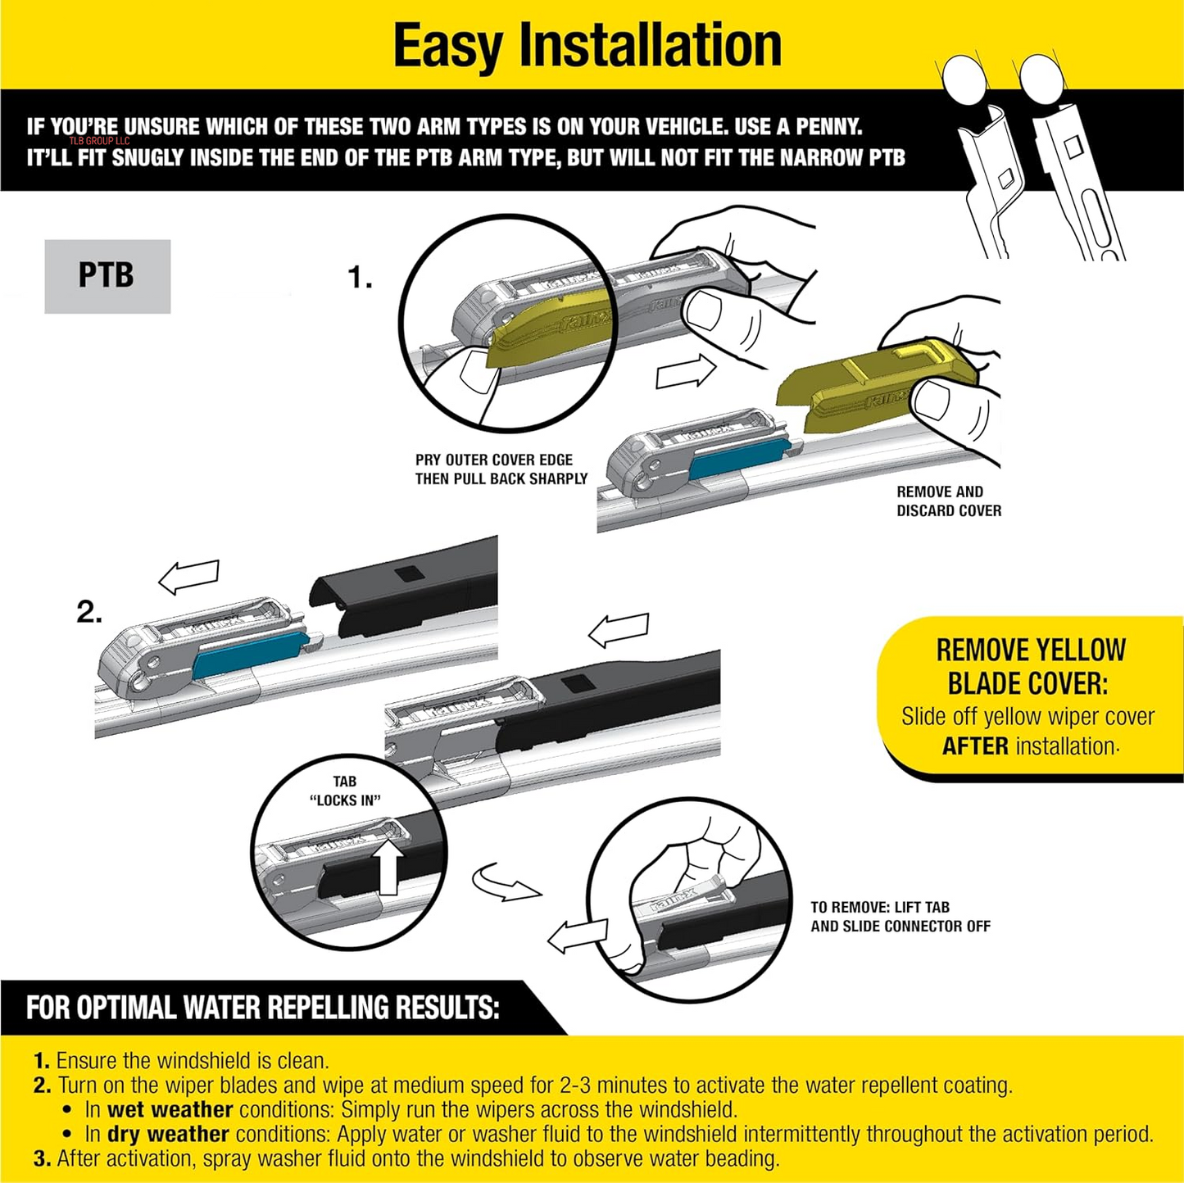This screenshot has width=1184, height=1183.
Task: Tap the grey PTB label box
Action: pyautogui.click(x=107, y=276)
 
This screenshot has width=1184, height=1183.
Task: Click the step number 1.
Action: pyautogui.click(x=360, y=278)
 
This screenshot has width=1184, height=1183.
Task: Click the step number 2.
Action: pyautogui.click(x=89, y=612)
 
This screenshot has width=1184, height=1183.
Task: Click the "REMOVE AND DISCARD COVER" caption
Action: pyautogui.click(x=948, y=501)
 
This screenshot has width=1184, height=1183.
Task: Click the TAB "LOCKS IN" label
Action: pyautogui.click(x=345, y=791)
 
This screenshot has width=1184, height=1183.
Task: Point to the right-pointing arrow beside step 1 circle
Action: pyautogui.click(x=686, y=373)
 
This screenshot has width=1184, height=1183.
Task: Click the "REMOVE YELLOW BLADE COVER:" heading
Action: pyautogui.click(x=1030, y=666)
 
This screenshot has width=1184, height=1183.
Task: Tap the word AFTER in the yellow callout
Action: pyautogui.click(x=975, y=746)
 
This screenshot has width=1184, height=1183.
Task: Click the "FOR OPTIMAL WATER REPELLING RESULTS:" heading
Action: pyautogui.click(x=262, y=1007)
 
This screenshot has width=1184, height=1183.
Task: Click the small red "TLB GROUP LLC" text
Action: pyautogui.click(x=99, y=141)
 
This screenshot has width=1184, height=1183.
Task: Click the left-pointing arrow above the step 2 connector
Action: pyautogui.click(x=189, y=576)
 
